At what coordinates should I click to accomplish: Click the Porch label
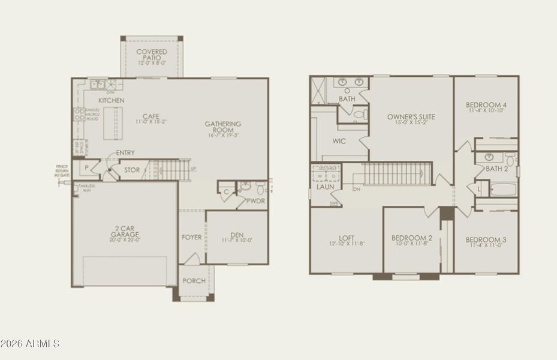[x=194, y=281]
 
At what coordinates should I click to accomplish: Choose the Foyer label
[x=192, y=238]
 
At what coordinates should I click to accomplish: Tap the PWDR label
[x=255, y=201]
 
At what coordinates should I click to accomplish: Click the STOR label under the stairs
[x=132, y=170]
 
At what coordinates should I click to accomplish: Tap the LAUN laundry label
[x=326, y=187]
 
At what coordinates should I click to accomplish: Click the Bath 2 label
[x=496, y=169]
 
